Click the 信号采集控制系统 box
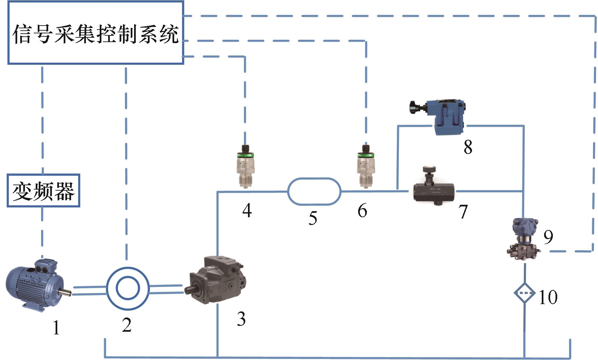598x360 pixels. click(95, 33)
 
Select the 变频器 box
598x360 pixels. click(43, 191)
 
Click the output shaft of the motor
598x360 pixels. click(66, 293)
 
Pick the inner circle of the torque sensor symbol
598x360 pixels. click(127, 288)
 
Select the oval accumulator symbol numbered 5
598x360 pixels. click(314, 191)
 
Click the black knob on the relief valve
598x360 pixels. click(414, 107)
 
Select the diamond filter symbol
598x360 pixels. click(524, 293)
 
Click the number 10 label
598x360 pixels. click(548, 297)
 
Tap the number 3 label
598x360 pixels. click(241, 319)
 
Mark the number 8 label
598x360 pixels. click(468, 147)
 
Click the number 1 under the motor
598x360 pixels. click(56, 327)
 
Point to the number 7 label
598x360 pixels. click(463, 211)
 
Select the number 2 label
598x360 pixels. click(127, 325)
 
